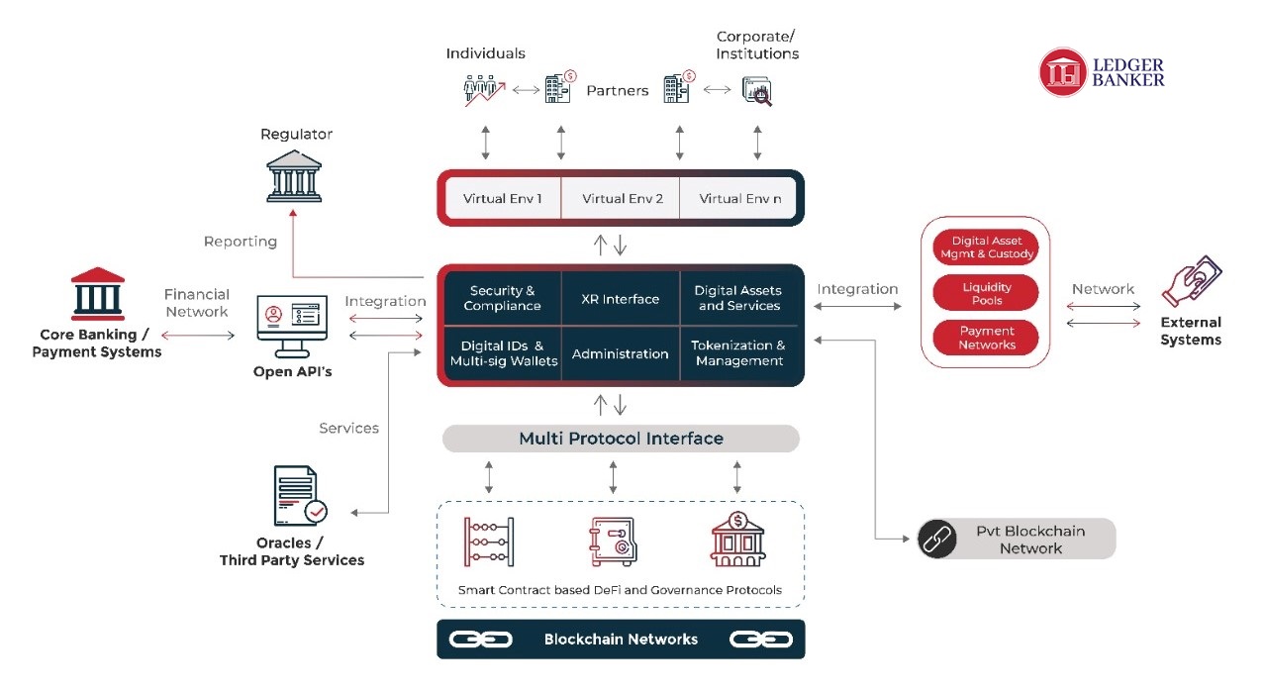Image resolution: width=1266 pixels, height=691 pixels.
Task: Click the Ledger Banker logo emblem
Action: [1062, 72]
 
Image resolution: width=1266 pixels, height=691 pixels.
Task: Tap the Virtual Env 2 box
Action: [621, 198]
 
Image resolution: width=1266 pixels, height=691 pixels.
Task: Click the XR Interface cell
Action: [621, 298]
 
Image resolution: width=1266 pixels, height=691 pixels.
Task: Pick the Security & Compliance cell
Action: [502, 298]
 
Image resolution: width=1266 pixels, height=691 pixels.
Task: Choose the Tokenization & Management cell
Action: [738, 353]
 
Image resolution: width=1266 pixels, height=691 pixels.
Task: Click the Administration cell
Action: [621, 353]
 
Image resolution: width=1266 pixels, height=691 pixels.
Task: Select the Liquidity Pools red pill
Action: [986, 293]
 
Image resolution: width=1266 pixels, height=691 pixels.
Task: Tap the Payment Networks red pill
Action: [986, 338]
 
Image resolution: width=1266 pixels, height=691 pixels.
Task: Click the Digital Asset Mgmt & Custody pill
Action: [986, 247]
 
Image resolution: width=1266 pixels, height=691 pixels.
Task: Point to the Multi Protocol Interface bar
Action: [621, 438]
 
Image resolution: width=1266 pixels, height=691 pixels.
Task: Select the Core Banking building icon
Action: [98, 294]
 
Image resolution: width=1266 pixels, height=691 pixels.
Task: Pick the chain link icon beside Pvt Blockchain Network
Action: [936, 539]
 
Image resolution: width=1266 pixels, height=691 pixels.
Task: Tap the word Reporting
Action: [241, 242]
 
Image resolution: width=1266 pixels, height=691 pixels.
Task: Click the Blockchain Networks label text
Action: [621, 640]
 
